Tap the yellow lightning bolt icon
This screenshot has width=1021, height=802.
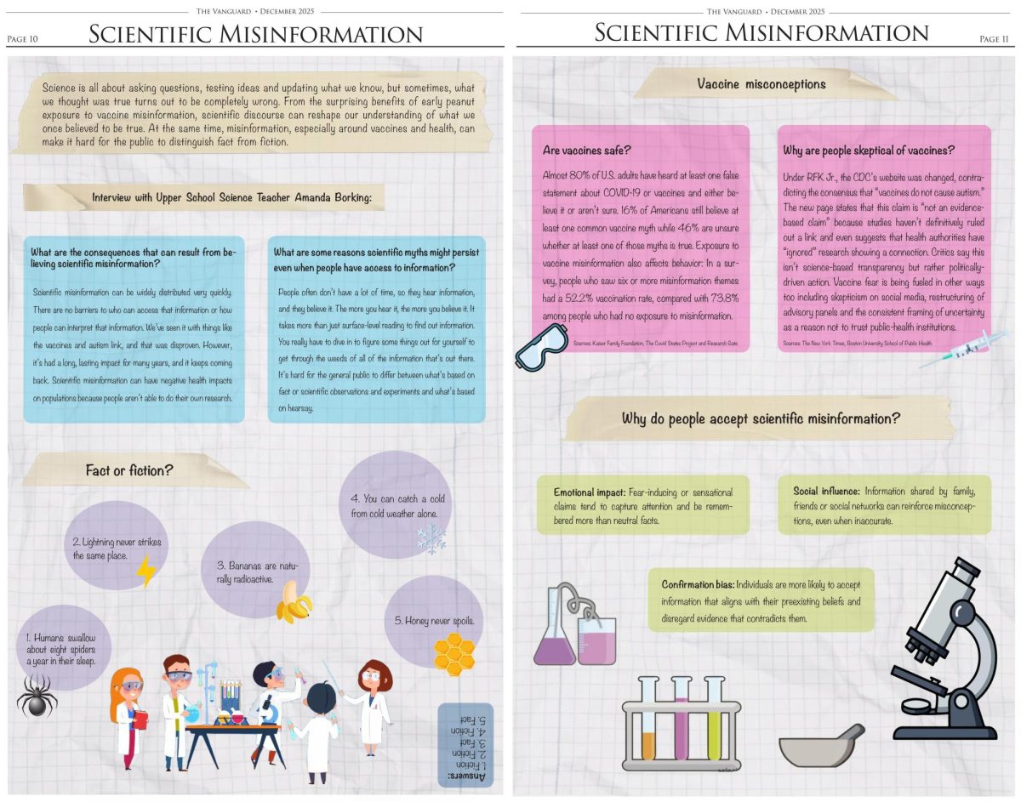pos(146,571)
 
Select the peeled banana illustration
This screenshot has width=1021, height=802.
pos(294,602)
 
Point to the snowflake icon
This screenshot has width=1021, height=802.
pos(431,538)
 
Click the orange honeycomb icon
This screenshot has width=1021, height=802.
pos(453,652)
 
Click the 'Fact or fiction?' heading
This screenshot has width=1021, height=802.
pos(129,470)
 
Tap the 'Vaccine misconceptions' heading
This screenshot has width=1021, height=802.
pos(761,83)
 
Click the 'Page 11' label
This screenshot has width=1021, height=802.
pos(993,38)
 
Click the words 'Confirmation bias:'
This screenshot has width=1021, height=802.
pos(698,585)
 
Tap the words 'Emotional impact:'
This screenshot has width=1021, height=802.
pos(589,492)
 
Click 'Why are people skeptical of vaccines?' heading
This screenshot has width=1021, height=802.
pos(869,151)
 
